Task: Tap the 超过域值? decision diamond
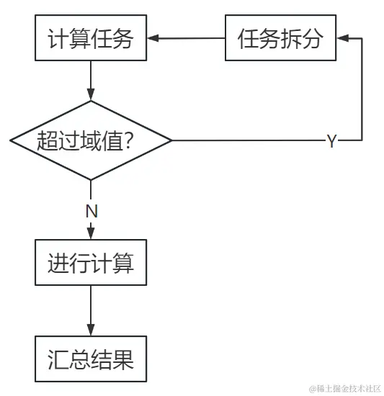(91, 140)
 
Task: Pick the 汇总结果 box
(91, 359)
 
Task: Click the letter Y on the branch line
(331, 141)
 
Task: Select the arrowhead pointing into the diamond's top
(91, 94)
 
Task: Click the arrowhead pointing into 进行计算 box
(91, 232)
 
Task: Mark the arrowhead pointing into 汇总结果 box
(91, 329)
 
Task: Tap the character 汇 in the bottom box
(58, 359)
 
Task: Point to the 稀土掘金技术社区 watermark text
(345, 389)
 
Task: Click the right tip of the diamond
(171, 140)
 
